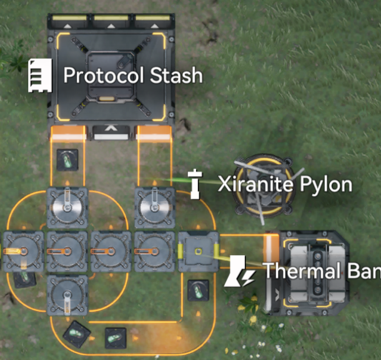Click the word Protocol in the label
coord(103,76)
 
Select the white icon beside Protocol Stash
coord(39,75)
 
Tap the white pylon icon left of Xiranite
coord(195,183)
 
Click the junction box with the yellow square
coord(199,251)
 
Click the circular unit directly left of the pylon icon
coord(154,207)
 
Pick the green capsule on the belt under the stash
coord(67,160)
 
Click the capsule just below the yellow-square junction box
coord(199,290)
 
